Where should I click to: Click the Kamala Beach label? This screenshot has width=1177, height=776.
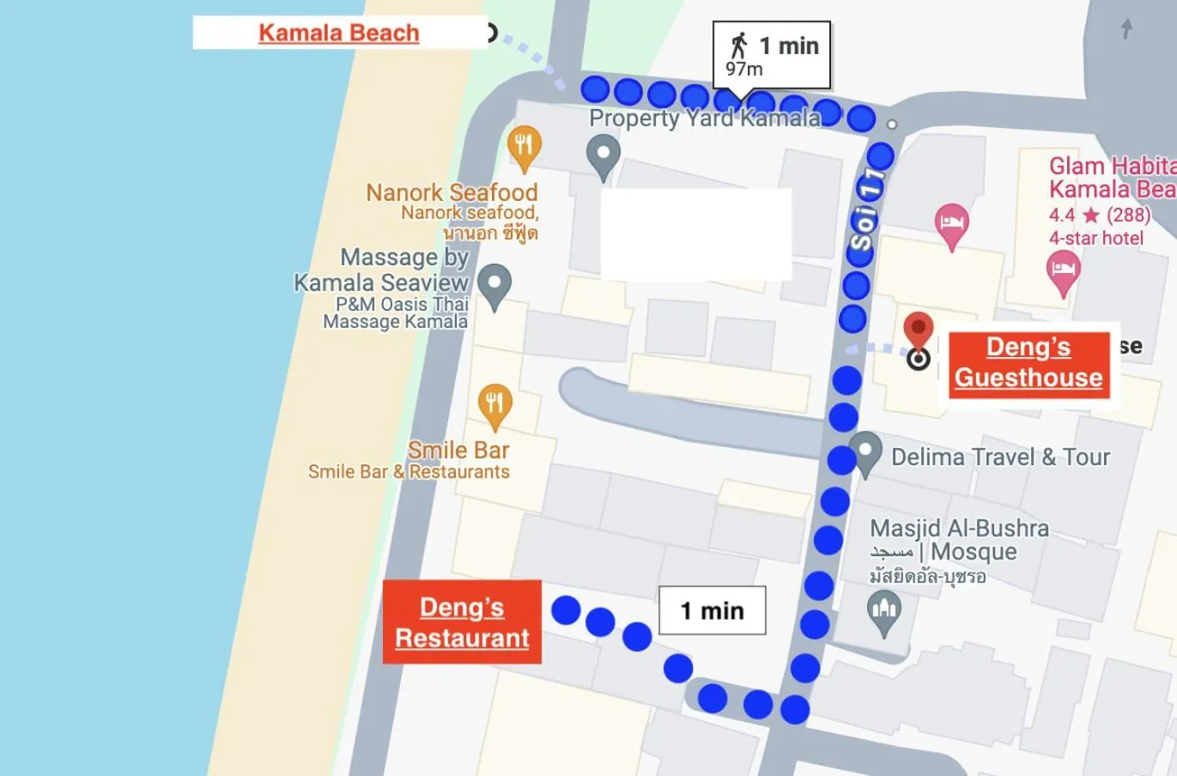[339, 33]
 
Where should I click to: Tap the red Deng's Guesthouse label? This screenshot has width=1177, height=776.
[1028, 362]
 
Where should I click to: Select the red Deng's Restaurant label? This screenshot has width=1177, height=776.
[462, 622]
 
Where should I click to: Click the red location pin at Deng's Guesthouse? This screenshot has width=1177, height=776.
[919, 329]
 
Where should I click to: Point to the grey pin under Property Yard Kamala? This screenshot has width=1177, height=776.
[603, 156]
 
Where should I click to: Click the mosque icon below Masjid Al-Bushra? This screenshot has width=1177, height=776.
[884, 611]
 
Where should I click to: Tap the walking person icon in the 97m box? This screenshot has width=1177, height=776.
[738, 45]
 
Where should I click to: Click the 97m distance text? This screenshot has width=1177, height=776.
[743, 70]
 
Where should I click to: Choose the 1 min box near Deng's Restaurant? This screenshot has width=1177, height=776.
[712, 610]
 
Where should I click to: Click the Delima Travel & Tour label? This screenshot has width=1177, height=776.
[1000, 457]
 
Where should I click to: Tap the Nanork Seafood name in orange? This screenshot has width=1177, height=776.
[452, 192]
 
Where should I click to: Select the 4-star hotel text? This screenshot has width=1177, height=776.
[1096, 238]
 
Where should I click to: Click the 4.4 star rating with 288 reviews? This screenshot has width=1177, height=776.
[1099, 215]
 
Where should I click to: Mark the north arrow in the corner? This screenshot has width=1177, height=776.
[1126, 28]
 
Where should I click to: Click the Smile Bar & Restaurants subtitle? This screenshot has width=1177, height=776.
[409, 471]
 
